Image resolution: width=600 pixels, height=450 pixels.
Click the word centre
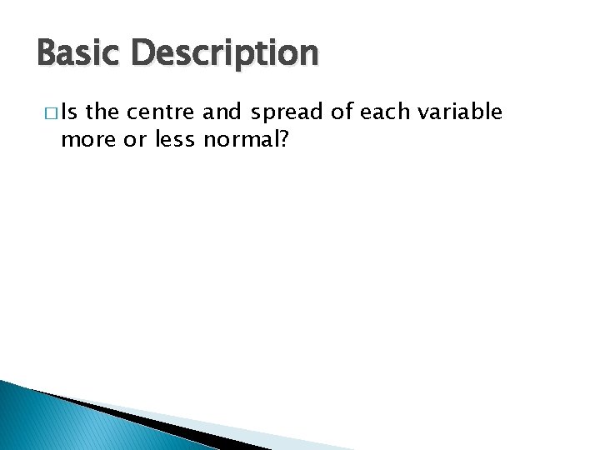coord(157,112)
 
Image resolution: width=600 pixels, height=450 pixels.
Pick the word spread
coord(289,112)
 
